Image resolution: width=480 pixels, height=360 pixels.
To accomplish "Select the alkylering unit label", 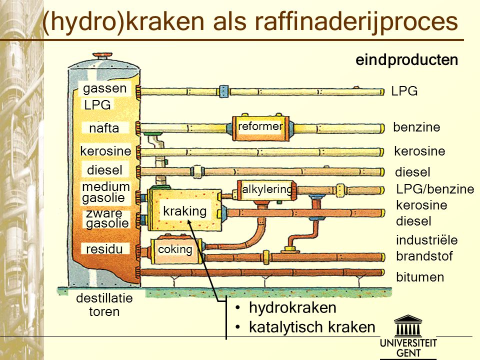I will [x=266, y=189].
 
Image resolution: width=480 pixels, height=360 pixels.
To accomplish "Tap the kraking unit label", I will [x=184, y=211].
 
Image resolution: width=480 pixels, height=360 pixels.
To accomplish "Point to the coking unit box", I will [x=175, y=249].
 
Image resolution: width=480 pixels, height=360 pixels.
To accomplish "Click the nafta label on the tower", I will [x=104, y=128].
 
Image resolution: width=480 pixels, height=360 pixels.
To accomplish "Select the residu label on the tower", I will [x=104, y=248].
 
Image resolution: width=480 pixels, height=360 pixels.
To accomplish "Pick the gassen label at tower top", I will [x=105, y=89].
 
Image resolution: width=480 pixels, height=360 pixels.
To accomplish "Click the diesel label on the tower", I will [x=104, y=170].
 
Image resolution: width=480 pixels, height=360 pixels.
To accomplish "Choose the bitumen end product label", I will [x=420, y=277].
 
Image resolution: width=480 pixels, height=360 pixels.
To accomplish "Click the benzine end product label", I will [x=416, y=127].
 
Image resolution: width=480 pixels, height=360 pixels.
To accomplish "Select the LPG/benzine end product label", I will [x=434, y=189].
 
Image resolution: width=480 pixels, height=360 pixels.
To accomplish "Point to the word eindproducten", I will [x=406, y=60].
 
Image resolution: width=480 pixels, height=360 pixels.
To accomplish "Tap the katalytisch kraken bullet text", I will [x=311, y=327].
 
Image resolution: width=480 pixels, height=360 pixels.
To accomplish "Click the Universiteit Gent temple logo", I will [x=408, y=326].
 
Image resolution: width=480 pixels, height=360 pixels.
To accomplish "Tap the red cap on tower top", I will [x=104, y=54].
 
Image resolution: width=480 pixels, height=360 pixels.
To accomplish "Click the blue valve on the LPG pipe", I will [x=224, y=91].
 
